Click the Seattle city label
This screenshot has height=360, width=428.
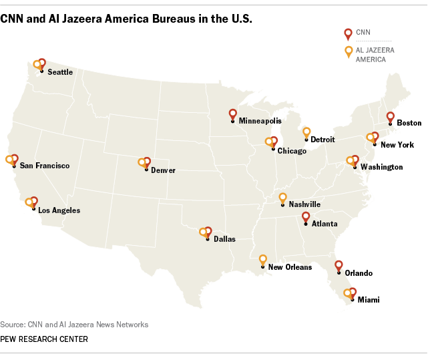[x=60, y=72]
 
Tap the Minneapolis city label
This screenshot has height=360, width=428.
[x=260, y=122]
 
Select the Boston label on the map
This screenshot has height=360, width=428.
[x=409, y=123]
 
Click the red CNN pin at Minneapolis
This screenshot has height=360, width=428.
[x=232, y=114]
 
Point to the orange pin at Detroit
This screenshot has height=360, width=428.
[x=306, y=133]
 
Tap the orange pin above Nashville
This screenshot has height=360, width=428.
[x=282, y=198]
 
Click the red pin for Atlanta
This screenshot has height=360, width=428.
[x=305, y=216]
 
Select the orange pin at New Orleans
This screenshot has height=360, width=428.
[x=262, y=260]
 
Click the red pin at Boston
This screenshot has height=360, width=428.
[x=391, y=117]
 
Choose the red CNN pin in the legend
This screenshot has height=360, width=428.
[x=347, y=33]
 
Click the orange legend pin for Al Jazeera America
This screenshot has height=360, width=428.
[x=347, y=51]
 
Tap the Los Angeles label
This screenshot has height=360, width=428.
[x=59, y=210]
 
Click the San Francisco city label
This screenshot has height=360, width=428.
[x=45, y=166]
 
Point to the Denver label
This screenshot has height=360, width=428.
[x=163, y=170]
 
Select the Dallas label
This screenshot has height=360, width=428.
[x=224, y=238]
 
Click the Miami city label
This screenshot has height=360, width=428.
[x=369, y=300]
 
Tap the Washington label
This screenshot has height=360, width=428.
[x=381, y=167]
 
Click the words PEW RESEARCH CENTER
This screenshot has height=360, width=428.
[x=44, y=339]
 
